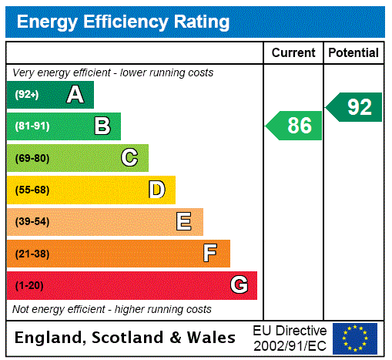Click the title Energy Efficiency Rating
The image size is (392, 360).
(123, 22)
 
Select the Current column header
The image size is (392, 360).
(293, 53)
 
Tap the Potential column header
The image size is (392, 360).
(353, 53)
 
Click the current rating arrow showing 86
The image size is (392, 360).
(295, 126)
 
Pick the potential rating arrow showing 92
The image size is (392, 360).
(355, 106)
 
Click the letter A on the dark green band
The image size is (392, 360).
(75, 95)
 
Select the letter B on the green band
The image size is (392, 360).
(102, 126)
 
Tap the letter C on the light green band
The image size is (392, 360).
(129, 158)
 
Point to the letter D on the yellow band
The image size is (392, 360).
(156, 190)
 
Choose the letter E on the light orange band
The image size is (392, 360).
(183, 222)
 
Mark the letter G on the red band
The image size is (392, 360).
(239, 285)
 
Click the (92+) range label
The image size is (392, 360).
(27, 95)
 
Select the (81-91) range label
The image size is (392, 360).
(32, 126)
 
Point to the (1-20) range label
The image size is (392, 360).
(29, 286)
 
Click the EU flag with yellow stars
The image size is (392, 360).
(355, 338)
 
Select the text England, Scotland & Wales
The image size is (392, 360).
(126, 338)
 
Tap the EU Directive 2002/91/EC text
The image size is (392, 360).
(290, 338)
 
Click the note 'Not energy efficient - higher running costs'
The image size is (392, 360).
(112, 309)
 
